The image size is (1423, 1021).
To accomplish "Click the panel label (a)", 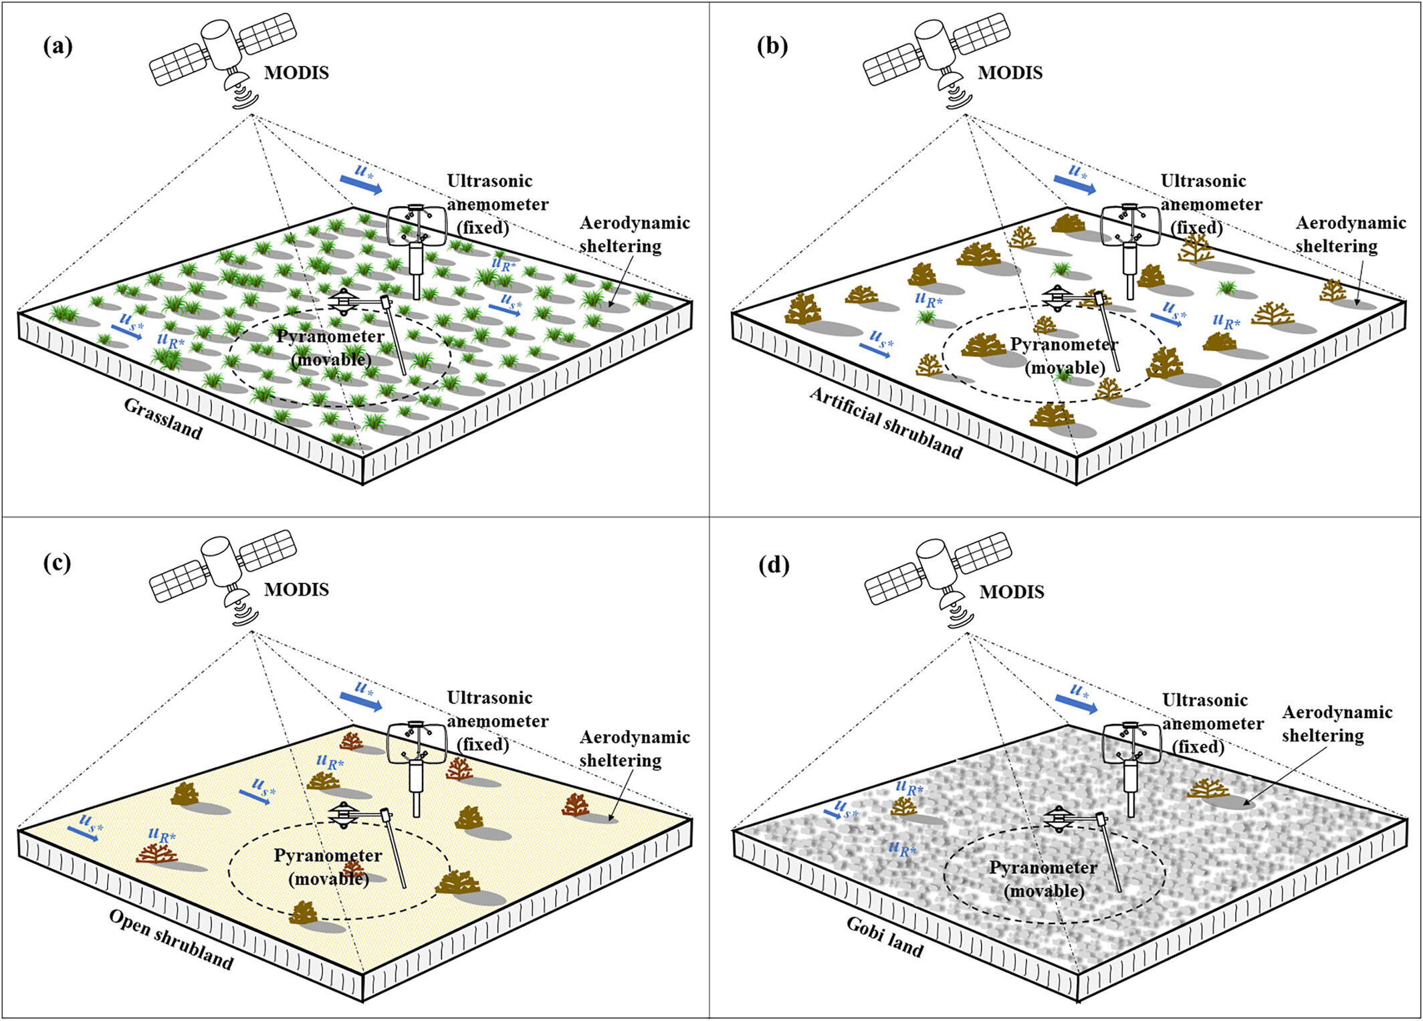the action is (x=58, y=47).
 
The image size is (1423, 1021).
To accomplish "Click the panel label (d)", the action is (x=774, y=566).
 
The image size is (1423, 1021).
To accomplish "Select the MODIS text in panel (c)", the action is (x=296, y=590).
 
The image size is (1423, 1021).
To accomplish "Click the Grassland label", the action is (x=163, y=420).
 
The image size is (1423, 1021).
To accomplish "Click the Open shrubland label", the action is (x=171, y=939).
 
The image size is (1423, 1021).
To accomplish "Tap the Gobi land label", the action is (x=885, y=936).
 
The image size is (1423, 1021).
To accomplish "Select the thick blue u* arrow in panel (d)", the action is (x=1077, y=701).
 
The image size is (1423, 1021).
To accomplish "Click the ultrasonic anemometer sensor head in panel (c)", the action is (x=417, y=742).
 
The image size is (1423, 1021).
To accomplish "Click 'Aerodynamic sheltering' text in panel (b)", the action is (x=1350, y=234).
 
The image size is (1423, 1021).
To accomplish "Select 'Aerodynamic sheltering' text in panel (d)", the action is (x=1336, y=723).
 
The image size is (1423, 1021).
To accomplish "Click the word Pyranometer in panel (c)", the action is (x=328, y=855).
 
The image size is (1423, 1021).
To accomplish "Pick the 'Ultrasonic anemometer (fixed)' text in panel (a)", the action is (x=498, y=204).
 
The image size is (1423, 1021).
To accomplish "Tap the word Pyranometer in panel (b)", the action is (x=1063, y=344).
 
